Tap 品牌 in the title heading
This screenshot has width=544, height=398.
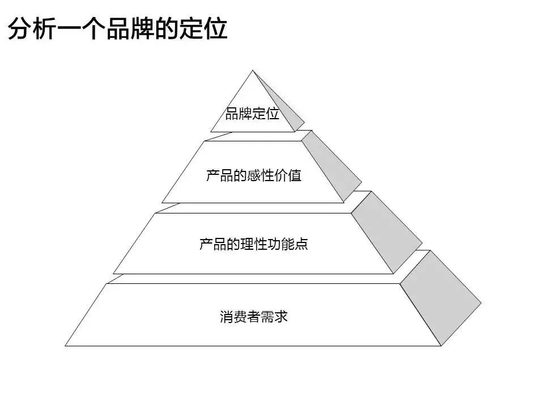coord(133,28)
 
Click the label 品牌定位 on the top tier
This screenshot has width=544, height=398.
coord(252,114)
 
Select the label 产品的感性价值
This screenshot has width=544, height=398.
coord(253,175)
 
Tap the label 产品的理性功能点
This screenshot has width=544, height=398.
coord(253,245)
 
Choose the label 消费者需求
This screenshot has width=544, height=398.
coord(254,316)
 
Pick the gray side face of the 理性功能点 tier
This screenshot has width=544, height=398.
coord(385,230)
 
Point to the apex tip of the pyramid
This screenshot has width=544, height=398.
coord(252,71)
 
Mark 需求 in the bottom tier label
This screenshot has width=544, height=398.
coord(274,316)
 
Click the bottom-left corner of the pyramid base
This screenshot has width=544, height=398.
coord(66,345)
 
